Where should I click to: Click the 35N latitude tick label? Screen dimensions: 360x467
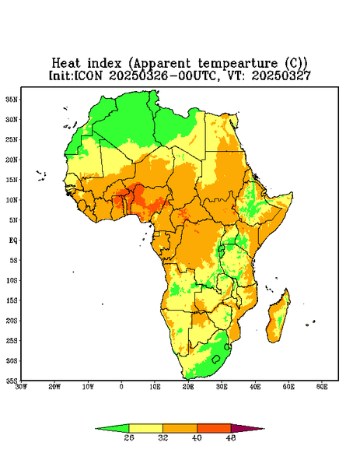(x=12, y=99)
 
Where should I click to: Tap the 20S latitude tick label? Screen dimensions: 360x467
(x=12, y=321)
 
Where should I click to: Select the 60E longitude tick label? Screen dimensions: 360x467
(x=322, y=387)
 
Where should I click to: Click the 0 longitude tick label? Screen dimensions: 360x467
(x=121, y=387)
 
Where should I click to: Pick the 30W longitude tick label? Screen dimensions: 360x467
(x=21, y=387)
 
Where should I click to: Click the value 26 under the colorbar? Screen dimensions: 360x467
(x=129, y=437)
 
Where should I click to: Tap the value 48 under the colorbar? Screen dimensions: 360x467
(x=231, y=437)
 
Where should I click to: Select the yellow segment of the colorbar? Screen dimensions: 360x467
(x=145, y=428)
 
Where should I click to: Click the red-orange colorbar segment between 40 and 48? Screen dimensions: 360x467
(x=214, y=428)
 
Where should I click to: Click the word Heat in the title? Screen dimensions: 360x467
(x=66, y=63)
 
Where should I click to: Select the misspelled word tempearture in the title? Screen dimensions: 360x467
(x=239, y=64)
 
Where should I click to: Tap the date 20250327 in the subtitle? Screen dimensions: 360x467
(x=281, y=75)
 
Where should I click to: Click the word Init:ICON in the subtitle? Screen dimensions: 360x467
(x=75, y=75)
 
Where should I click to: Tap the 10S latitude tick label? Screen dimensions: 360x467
(x=12, y=280)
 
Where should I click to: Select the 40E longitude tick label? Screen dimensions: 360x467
(x=255, y=387)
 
